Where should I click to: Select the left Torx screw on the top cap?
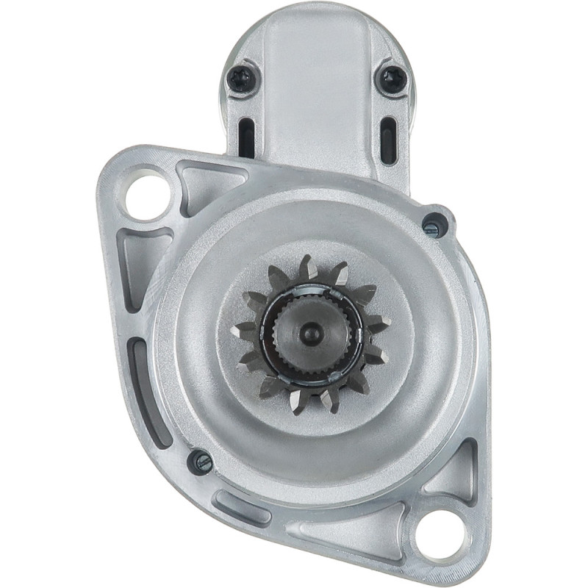pos(242,78)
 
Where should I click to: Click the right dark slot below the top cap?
pos(387,139)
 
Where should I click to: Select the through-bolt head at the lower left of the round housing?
pos(201,462)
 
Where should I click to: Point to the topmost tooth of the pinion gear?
pos(308,266)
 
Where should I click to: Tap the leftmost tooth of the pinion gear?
pos(243,331)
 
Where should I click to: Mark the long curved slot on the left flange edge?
pos(150,390)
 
